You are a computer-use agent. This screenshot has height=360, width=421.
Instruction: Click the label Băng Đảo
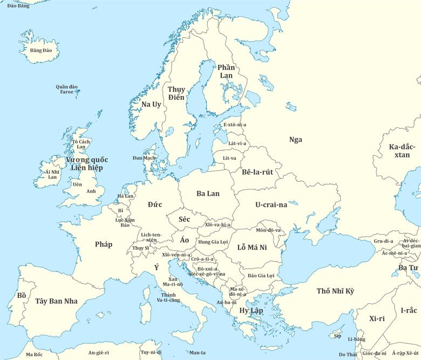tap(40, 50)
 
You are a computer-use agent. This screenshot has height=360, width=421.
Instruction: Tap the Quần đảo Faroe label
tap(66, 89)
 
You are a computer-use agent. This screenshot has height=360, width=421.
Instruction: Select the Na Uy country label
tap(151, 104)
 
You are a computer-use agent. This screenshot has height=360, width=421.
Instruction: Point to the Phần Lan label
tap(226, 71)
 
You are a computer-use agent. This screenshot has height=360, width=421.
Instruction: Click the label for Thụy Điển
tap(176, 93)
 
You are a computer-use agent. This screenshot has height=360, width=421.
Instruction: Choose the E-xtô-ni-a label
tap(235, 125)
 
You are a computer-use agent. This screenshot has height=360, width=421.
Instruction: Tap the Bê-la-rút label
tap(257, 172)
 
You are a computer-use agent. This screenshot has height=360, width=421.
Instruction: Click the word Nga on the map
tap(295, 140)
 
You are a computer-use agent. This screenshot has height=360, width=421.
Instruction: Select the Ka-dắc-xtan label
tap(402, 151)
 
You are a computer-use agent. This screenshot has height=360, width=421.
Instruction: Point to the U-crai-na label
tap(271, 205)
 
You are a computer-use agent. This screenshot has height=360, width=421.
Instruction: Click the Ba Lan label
tap(208, 193)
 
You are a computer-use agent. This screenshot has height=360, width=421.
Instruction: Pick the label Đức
tap(155, 205)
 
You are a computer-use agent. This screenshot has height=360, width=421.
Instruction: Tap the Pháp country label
tap(104, 244)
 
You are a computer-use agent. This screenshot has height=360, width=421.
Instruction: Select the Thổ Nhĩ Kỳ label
tap(335, 291)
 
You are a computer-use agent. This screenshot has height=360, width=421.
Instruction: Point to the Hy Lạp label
tap(251, 311)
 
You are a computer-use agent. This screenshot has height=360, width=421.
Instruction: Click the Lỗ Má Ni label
tap(252, 248)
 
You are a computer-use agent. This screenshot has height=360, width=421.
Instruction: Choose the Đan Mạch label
tap(144, 158)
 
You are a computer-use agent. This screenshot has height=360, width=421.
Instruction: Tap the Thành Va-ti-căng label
tap(168, 297)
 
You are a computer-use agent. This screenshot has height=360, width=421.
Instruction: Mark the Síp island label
tap(338, 336)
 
